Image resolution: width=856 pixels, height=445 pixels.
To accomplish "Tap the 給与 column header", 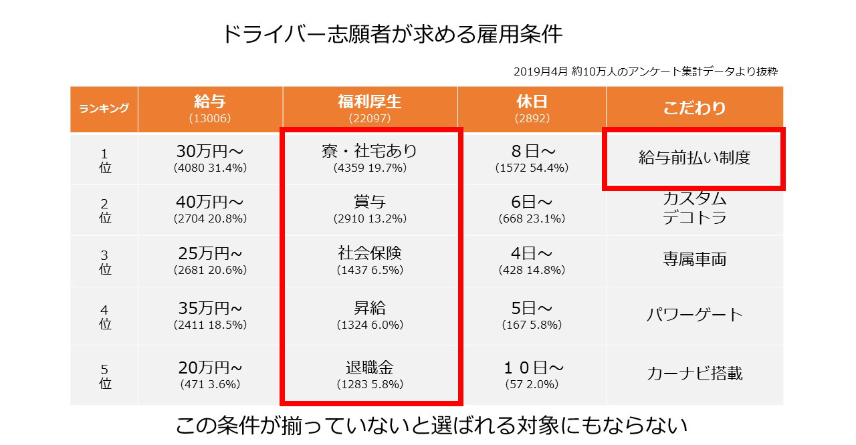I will pos(210,108).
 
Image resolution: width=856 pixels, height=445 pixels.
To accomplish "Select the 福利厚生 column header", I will pos(369,108).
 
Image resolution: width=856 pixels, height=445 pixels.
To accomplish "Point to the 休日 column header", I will pos(532,108).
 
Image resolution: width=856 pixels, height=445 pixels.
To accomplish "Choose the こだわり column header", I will pos(694,108).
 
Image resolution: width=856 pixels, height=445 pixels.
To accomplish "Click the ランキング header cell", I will pos(104,109).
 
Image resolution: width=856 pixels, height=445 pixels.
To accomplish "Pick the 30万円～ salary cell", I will pos(210,159).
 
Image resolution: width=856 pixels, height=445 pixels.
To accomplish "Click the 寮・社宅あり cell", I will pos(370,159).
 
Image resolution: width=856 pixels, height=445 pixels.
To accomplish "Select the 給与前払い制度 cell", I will pos(694,158).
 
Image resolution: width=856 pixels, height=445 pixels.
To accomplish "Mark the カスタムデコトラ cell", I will pos(694,208).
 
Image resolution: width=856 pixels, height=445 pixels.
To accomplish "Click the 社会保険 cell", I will pos(370,261).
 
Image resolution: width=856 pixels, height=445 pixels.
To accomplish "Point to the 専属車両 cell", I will pos(694,259).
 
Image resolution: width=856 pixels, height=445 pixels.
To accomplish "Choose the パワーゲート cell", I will pos(694,315).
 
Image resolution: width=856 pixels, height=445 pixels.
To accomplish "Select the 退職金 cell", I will pos(370,375).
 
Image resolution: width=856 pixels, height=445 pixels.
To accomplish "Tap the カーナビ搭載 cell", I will pos(694,374).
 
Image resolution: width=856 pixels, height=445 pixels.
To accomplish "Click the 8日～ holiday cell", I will pos(532,159).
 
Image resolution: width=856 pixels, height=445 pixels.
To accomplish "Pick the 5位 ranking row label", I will pos(104,376).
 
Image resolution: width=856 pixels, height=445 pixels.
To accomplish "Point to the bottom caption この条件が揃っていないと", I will pos(431,425).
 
